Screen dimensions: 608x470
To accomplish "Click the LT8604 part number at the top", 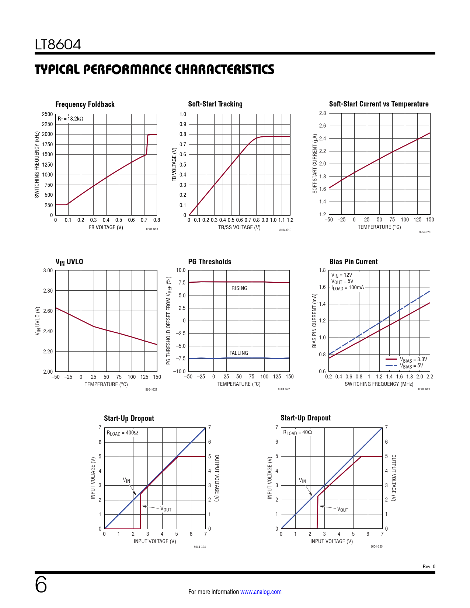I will click(58, 45).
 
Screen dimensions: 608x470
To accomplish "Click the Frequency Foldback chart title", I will click(85, 104).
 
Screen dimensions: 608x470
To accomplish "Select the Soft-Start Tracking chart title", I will click(215, 104).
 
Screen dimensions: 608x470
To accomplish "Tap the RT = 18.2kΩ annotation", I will click(70, 119).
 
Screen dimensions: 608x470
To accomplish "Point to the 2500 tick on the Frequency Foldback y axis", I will click(48, 114).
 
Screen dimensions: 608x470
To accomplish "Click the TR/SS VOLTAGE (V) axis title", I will click(239, 227).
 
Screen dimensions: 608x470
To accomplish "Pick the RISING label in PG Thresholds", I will click(239, 288).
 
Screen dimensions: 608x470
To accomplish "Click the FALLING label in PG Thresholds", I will click(239, 353).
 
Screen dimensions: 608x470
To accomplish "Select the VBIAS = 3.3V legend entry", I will click(413, 359).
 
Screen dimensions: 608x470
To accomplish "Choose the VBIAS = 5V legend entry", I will click(411, 366).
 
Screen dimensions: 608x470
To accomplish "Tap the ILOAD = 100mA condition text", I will click(348, 288).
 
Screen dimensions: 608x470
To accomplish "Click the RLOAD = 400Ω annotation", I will click(122, 433).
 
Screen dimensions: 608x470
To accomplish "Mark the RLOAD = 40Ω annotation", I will click(297, 433).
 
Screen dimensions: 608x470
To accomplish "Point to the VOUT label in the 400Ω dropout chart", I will click(166, 509).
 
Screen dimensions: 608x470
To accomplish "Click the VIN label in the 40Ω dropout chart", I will click(302, 481).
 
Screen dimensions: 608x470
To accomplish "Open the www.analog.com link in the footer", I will click(261, 592).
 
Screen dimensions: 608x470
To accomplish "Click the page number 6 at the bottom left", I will click(41, 585).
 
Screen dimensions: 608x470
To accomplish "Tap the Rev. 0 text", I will click(429, 567).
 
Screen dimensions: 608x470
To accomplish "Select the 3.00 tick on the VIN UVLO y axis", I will click(48, 270).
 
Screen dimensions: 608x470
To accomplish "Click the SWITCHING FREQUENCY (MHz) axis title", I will click(379, 384).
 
